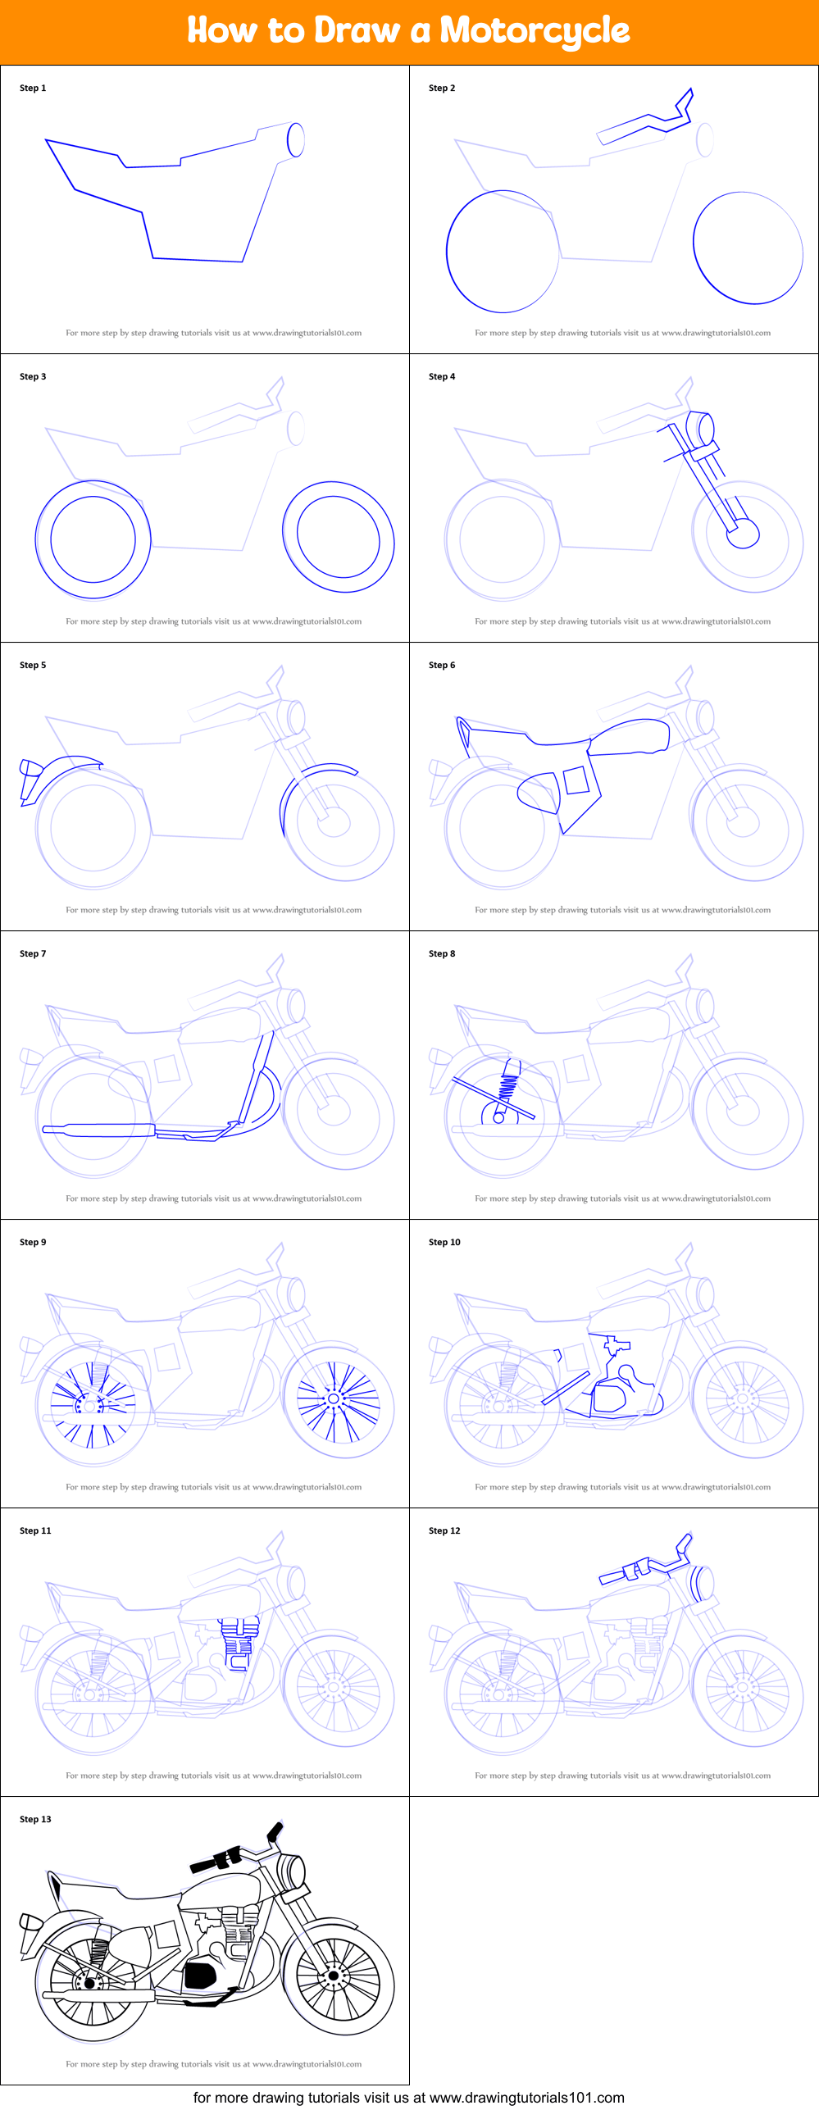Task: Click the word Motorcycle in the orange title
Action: click(535, 31)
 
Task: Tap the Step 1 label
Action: click(33, 88)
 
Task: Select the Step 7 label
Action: click(33, 953)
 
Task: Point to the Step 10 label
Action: click(444, 1242)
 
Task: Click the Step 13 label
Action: click(35, 1819)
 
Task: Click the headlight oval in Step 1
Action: click(296, 139)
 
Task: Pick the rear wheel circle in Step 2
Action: click(503, 252)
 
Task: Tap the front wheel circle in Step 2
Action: click(748, 248)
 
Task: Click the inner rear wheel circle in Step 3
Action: click(93, 539)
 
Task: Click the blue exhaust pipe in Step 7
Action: click(98, 1130)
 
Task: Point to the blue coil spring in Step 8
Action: click(508, 1088)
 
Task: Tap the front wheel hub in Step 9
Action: click(334, 1398)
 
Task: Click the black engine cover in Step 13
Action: click(199, 1975)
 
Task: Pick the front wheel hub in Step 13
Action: click(334, 1976)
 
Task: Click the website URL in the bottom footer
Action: click(526, 2097)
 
